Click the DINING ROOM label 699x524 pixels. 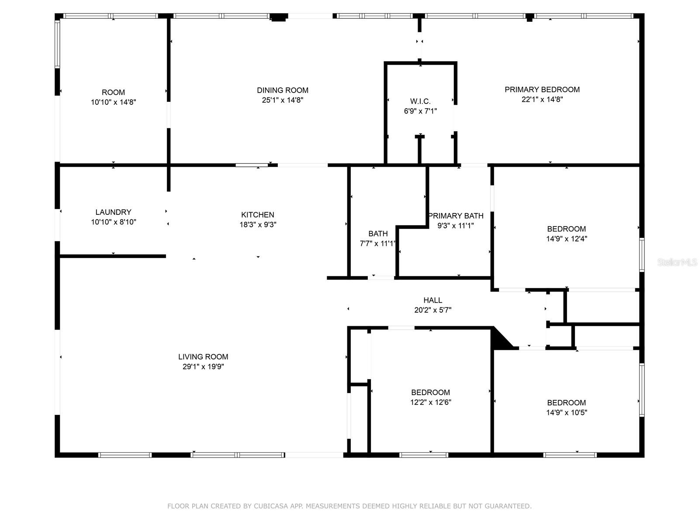coord(283,90)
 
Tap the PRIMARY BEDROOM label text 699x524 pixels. coord(542,90)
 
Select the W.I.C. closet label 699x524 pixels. coord(420,101)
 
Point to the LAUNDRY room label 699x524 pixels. coord(113,212)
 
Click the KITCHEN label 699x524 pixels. coord(258,215)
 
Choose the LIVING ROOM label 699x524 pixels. coord(203,357)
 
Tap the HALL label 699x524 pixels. coord(433,300)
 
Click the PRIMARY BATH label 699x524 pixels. coord(456,216)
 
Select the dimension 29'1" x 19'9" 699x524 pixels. coord(203,366)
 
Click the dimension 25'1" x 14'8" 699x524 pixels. coord(283,100)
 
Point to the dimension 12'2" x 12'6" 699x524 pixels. coord(431,402)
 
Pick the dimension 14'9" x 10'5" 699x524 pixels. coord(567,412)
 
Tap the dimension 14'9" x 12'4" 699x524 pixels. coord(567,238)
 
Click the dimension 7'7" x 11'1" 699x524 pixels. coord(378,244)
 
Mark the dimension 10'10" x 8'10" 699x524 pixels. coord(114,222)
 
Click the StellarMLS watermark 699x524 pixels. coord(677,262)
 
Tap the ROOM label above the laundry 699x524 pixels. coord(113,93)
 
